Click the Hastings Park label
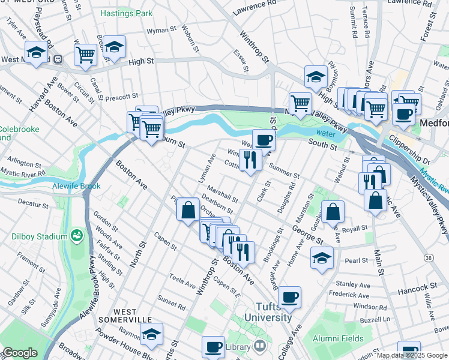coord(126,13)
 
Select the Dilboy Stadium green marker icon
coord(77,235)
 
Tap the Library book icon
coord(259,346)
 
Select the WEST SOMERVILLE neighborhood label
coord(133,317)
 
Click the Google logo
coord(20,353)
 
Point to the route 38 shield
coord(427,257)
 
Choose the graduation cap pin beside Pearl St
coord(322,258)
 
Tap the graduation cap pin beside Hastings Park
coord(113,46)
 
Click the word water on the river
coord(325,134)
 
